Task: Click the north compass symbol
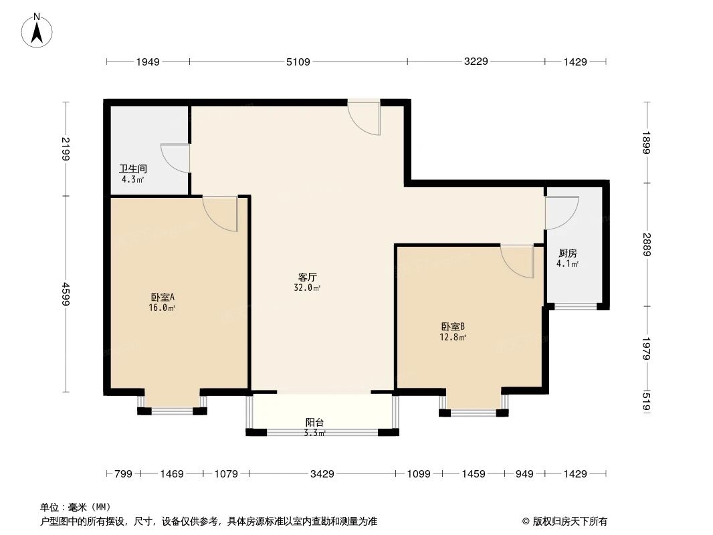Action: pyautogui.click(x=38, y=30)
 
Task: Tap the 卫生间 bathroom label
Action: pyautogui.click(x=133, y=170)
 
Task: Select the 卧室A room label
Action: pyautogui.click(x=163, y=298)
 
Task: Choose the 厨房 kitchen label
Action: pyautogui.click(x=568, y=253)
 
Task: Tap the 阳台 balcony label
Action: pyautogui.click(x=314, y=423)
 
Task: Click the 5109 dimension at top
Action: pyautogui.click(x=298, y=62)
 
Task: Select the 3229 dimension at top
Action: pyautogui.click(x=476, y=62)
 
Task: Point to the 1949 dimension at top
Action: pyautogui.click(x=147, y=62)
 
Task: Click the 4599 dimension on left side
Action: pyautogui.click(x=66, y=294)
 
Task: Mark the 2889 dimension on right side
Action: pyautogui.click(x=647, y=245)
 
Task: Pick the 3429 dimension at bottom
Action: pyautogui.click(x=322, y=474)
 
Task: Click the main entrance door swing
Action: pyautogui.click(x=365, y=118)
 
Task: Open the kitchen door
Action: pyautogui.click(x=561, y=213)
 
